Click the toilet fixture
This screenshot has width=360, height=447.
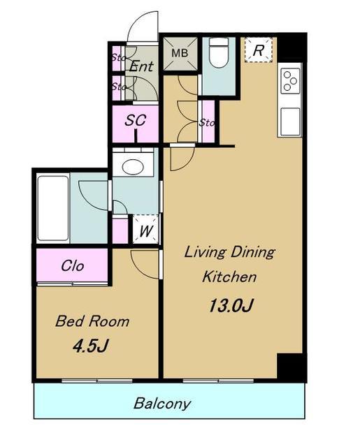[219, 53]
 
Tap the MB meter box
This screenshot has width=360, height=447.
[180, 53]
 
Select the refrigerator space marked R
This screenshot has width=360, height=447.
[259, 50]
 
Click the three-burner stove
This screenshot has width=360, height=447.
[290, 81]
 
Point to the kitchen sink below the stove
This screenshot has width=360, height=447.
[290, 121]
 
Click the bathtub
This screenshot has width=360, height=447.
[53, 208]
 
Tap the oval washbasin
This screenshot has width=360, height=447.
[133, 166]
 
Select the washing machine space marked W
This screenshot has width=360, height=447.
[145, 229]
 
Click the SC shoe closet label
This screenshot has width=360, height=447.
[135, 120]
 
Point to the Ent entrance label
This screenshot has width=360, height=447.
[141, 67]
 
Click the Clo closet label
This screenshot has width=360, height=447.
[73, 266]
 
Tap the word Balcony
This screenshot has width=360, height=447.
[162, 404]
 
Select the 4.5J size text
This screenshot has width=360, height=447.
[90, 346]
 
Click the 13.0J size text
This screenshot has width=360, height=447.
[231, 305]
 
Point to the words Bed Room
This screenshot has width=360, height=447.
[92, 321]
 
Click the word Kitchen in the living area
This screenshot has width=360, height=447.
[229, 277]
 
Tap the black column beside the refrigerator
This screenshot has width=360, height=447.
[291, 47]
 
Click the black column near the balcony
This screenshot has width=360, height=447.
[291, 367]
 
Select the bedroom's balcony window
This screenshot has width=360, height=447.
[97, 381]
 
